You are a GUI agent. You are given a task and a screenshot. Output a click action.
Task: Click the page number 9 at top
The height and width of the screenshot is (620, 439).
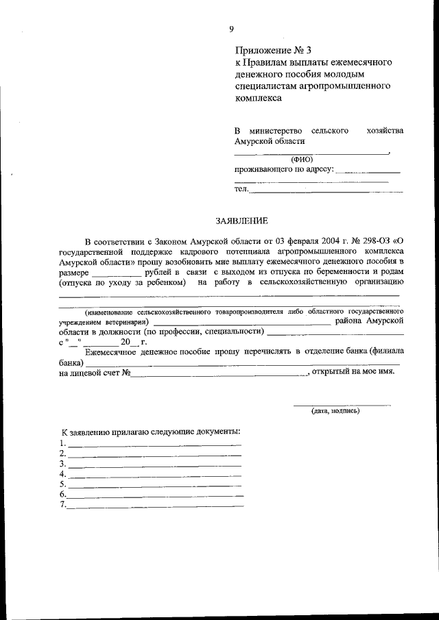tap(232, 28)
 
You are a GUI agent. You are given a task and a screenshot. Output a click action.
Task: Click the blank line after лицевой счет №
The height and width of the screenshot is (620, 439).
tap(219, 373)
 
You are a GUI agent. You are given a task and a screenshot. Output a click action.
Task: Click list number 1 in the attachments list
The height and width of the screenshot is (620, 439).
tap(62, 443)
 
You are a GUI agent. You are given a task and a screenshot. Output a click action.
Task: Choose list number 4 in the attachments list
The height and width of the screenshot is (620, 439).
tap(62, 474)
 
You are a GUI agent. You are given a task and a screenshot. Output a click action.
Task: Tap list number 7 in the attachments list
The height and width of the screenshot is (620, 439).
tap(62, 506)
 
